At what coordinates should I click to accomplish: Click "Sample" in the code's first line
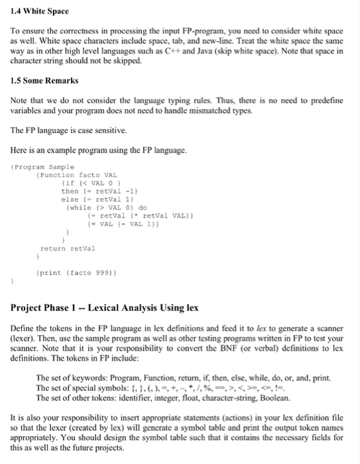[61, 166]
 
